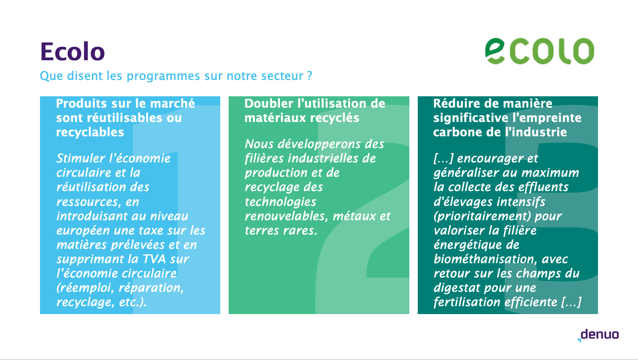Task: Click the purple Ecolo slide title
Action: [73, 51]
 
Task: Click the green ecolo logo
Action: [540, 51]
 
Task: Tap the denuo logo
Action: [598, 335]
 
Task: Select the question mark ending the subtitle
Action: [310, 76]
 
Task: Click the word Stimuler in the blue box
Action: [80, 159]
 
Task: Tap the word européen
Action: [83, 231]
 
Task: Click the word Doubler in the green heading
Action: [269, 103]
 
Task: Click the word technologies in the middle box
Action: [280, 202]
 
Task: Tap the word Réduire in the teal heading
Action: [456, 103]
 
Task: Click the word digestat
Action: [455, 288]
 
